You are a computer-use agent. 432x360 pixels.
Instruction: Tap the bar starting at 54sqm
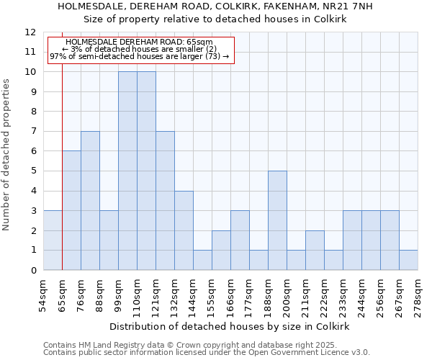[53, 240]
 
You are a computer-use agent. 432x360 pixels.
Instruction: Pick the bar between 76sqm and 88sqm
[90, 201]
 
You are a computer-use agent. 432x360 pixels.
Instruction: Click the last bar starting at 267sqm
[408, 260]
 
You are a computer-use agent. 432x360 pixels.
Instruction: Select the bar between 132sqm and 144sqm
[184, 230]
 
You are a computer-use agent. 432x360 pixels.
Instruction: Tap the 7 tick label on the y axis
[32, 132]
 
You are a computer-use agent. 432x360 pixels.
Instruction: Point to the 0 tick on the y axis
[32, 271]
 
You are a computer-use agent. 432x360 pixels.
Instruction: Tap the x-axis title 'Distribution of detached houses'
[230, 326]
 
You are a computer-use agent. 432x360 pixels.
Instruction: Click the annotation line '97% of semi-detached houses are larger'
[139, 56]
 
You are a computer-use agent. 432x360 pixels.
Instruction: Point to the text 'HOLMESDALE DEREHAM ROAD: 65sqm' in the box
[139, 42]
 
